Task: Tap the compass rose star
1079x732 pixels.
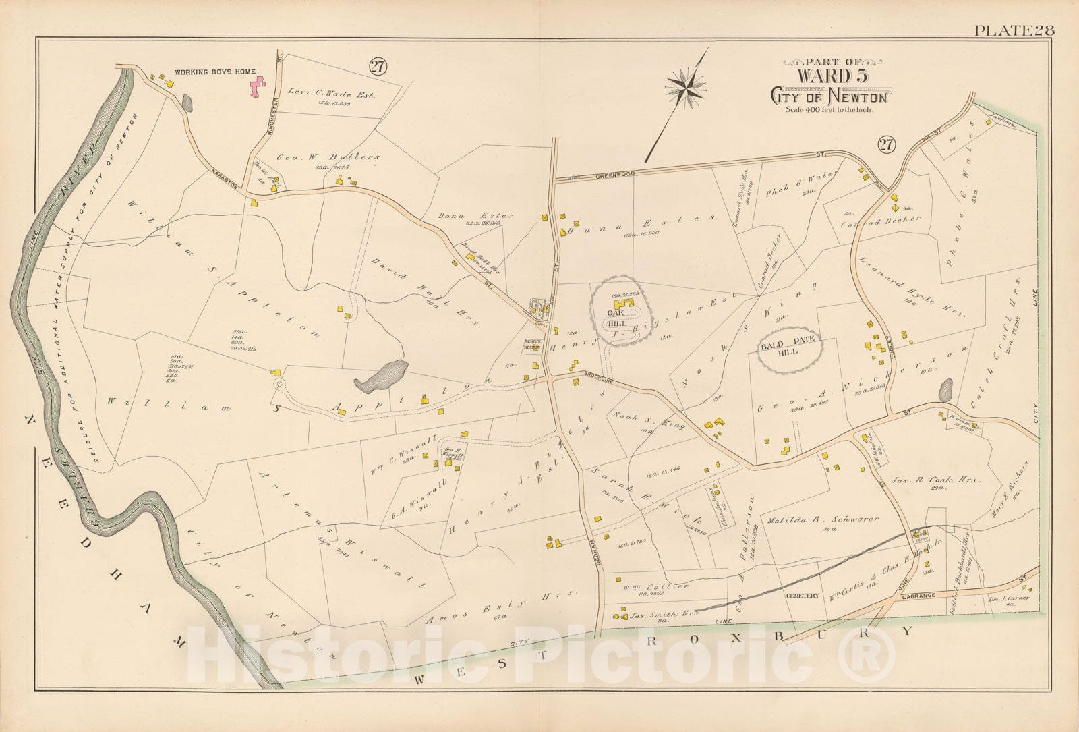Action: coord(687,86)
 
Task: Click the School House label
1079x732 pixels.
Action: coord(532,345)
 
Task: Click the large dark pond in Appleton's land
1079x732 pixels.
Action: coord(382,376)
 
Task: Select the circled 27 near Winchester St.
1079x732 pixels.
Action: coord(376,66)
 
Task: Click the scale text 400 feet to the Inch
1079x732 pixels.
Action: coord(829,109)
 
